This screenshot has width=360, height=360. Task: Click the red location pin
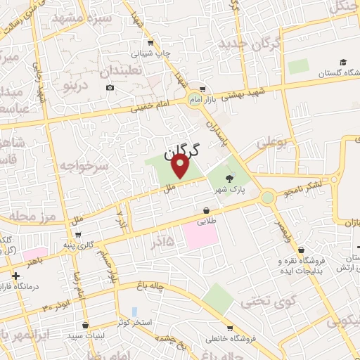181,166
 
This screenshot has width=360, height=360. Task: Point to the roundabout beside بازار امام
193,101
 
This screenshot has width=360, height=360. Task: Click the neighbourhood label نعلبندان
141,71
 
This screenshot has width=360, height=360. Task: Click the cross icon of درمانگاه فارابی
16,276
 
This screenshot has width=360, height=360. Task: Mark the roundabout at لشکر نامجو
267,198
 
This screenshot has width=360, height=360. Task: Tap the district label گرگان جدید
250,44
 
